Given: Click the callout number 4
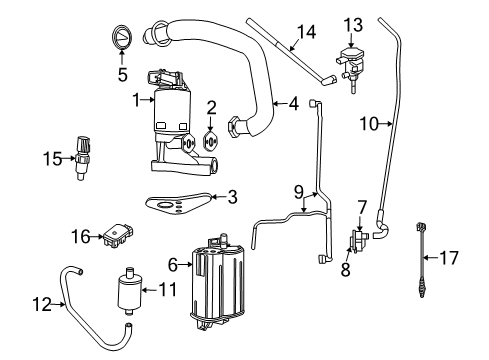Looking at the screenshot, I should coord(293,102).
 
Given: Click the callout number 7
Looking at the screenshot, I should coord(361,207).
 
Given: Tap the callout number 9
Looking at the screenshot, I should coord(298,190).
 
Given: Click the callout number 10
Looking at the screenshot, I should coord(367,123).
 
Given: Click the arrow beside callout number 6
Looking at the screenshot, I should coord(187,264).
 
